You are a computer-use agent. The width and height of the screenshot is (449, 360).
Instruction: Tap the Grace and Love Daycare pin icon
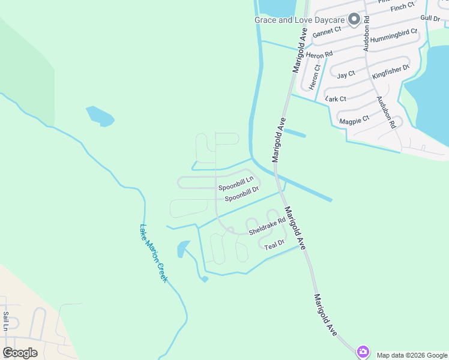click(x=355, y=19)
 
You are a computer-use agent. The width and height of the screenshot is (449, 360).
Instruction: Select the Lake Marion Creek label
click(x=153, y=253)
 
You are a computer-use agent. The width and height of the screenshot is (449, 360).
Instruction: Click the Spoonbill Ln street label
click(x=236, y=179)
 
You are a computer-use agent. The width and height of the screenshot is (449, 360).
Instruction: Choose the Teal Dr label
click(x=274, y=245)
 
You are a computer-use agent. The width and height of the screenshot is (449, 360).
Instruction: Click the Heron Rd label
click(x=319, y=55)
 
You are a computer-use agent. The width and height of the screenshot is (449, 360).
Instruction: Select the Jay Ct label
click(x=346, y=74)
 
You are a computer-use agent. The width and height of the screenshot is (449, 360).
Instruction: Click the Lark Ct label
click(x=336, y=98)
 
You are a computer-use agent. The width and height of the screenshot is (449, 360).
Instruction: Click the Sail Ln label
click(x=5, y=321)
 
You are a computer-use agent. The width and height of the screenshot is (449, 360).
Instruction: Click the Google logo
click(x=20, y=352)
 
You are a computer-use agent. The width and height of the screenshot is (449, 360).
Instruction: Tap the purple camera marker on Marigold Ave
click(x=363, y=352)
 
